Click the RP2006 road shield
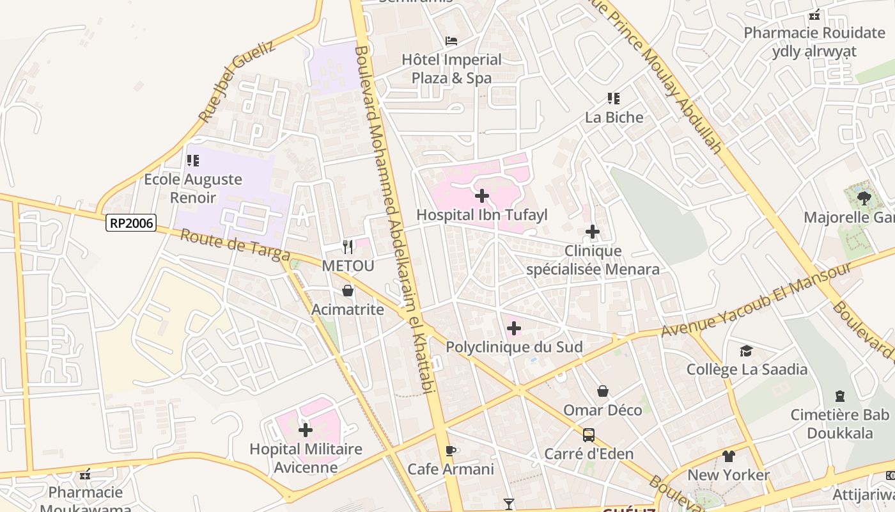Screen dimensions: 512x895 [132, 222]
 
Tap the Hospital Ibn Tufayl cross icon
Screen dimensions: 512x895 [482, 196]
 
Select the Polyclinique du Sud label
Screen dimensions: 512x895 [514, 347]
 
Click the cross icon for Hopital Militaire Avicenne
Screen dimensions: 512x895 [306, 430]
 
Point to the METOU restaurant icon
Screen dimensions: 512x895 [348, 246]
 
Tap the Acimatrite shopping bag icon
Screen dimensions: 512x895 [348, 291]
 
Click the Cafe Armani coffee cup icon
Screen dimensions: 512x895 [451, 451]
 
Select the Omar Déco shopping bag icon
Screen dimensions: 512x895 [602, 391]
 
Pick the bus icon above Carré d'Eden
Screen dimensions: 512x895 [589, 435]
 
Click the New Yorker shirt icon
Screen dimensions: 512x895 [728, 456]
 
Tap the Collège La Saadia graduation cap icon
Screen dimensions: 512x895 [746, 351]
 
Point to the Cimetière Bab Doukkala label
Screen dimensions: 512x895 [840, 424]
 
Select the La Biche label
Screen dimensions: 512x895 [614, 117]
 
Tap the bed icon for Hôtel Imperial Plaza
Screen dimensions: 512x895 [451, 41]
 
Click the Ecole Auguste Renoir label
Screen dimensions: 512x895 [193, 188]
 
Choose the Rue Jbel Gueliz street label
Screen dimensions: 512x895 [236, 82]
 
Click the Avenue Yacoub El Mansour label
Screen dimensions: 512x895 [757, 299]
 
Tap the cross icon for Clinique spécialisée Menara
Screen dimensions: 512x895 [593, 232]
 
